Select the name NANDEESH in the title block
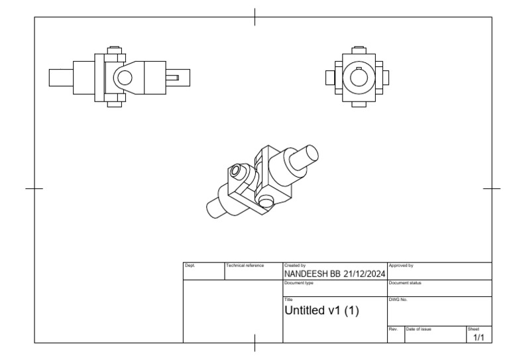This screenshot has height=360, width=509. click(306, 274)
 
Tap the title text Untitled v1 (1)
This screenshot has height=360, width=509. click(321, 310)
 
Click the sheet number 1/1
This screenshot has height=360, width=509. click(479, 337)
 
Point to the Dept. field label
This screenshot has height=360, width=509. click(189, 265)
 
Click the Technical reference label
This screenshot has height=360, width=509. click(245, 265)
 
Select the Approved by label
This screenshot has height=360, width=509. click(401, 265)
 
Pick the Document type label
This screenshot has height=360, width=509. click(299, 283)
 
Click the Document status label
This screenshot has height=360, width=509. click(405, 283)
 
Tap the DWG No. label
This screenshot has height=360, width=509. click(398, 300)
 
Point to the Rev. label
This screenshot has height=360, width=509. click(392, 328)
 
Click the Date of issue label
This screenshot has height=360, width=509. click(419, 328)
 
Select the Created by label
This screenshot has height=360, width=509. click(295, 265)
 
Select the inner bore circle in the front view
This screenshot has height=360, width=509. click(359, 78)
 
